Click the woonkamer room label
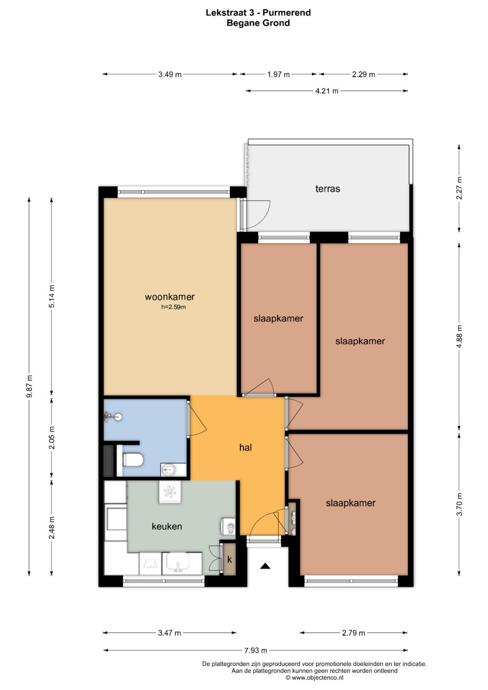170,297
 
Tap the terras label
328,188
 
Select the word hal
245,448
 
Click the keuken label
167,526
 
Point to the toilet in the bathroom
132,460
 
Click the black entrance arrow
265,566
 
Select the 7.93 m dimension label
256,651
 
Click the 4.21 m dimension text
327,91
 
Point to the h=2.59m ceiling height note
174,307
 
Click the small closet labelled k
230,559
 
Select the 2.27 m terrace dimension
459,188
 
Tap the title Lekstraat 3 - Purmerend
258,13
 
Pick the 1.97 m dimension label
278,74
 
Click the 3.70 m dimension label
459,504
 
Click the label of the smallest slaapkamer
278,319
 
